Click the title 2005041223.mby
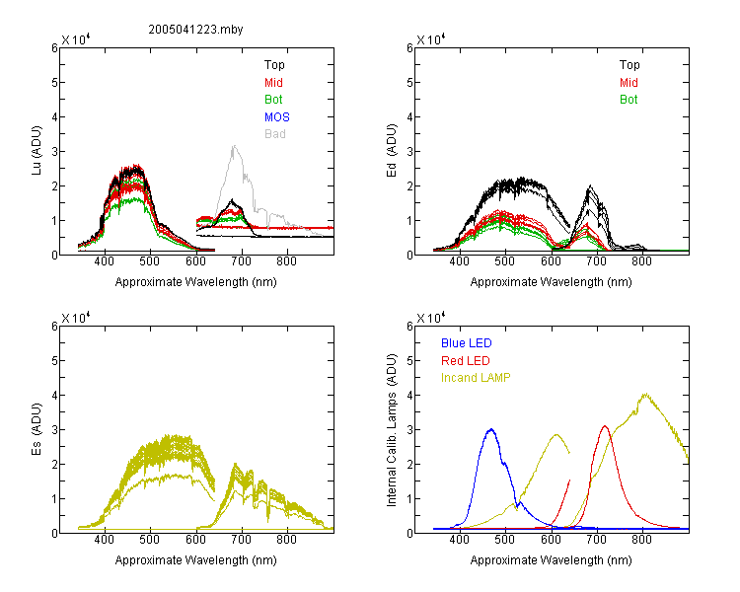pos(195,30)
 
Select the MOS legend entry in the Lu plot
pos(277,116)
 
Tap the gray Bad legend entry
pos(275,134)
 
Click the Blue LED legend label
pos(467,343)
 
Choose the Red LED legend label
pos(466,361)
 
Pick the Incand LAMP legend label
pos(476,378)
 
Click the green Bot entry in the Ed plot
pos(629,100)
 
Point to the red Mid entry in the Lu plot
pos(273,83)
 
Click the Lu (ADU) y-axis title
pos(37,151)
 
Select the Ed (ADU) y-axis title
pos(392,151)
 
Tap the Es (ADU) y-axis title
pos(37,429)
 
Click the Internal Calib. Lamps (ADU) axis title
pos(392,430)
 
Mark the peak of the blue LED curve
pos(491,429)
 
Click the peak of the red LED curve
pos(605,426)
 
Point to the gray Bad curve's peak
pos(234,146)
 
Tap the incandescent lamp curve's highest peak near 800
pos(645,395)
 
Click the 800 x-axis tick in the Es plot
pos(286,540)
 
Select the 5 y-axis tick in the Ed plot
pos(409,83)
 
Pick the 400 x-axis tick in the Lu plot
pos(105,261)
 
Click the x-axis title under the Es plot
pos(196,560)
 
